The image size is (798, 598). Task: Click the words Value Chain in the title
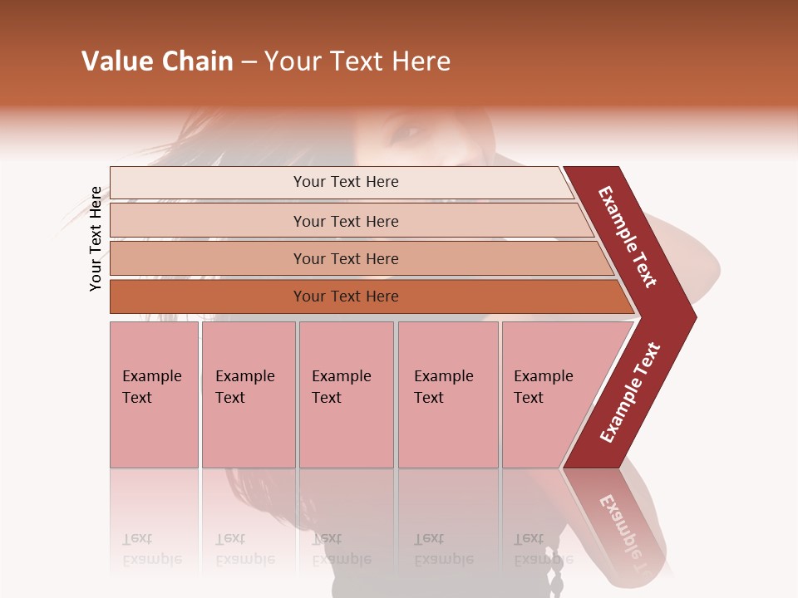coord(157,61)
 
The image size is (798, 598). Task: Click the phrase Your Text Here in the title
coord(357,61)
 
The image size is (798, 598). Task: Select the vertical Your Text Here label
coord(96,238)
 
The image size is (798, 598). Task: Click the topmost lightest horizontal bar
coord(345,182)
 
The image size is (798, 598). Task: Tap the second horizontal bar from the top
coord(345,221)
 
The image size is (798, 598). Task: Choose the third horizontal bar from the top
coord(345,258)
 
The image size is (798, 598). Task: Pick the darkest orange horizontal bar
coord(345,297)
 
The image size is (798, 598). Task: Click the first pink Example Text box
coord(154,395)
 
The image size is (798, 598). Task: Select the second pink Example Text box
coord(248,395)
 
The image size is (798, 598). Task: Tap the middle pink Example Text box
coord(346,395)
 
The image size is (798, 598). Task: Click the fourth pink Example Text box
coord(447,395)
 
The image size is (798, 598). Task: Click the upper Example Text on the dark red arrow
coord(628,236)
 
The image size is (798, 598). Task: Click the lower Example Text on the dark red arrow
coord(630,392)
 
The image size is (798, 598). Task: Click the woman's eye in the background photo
coord(409,131)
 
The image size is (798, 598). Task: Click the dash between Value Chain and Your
coord(249,62)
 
